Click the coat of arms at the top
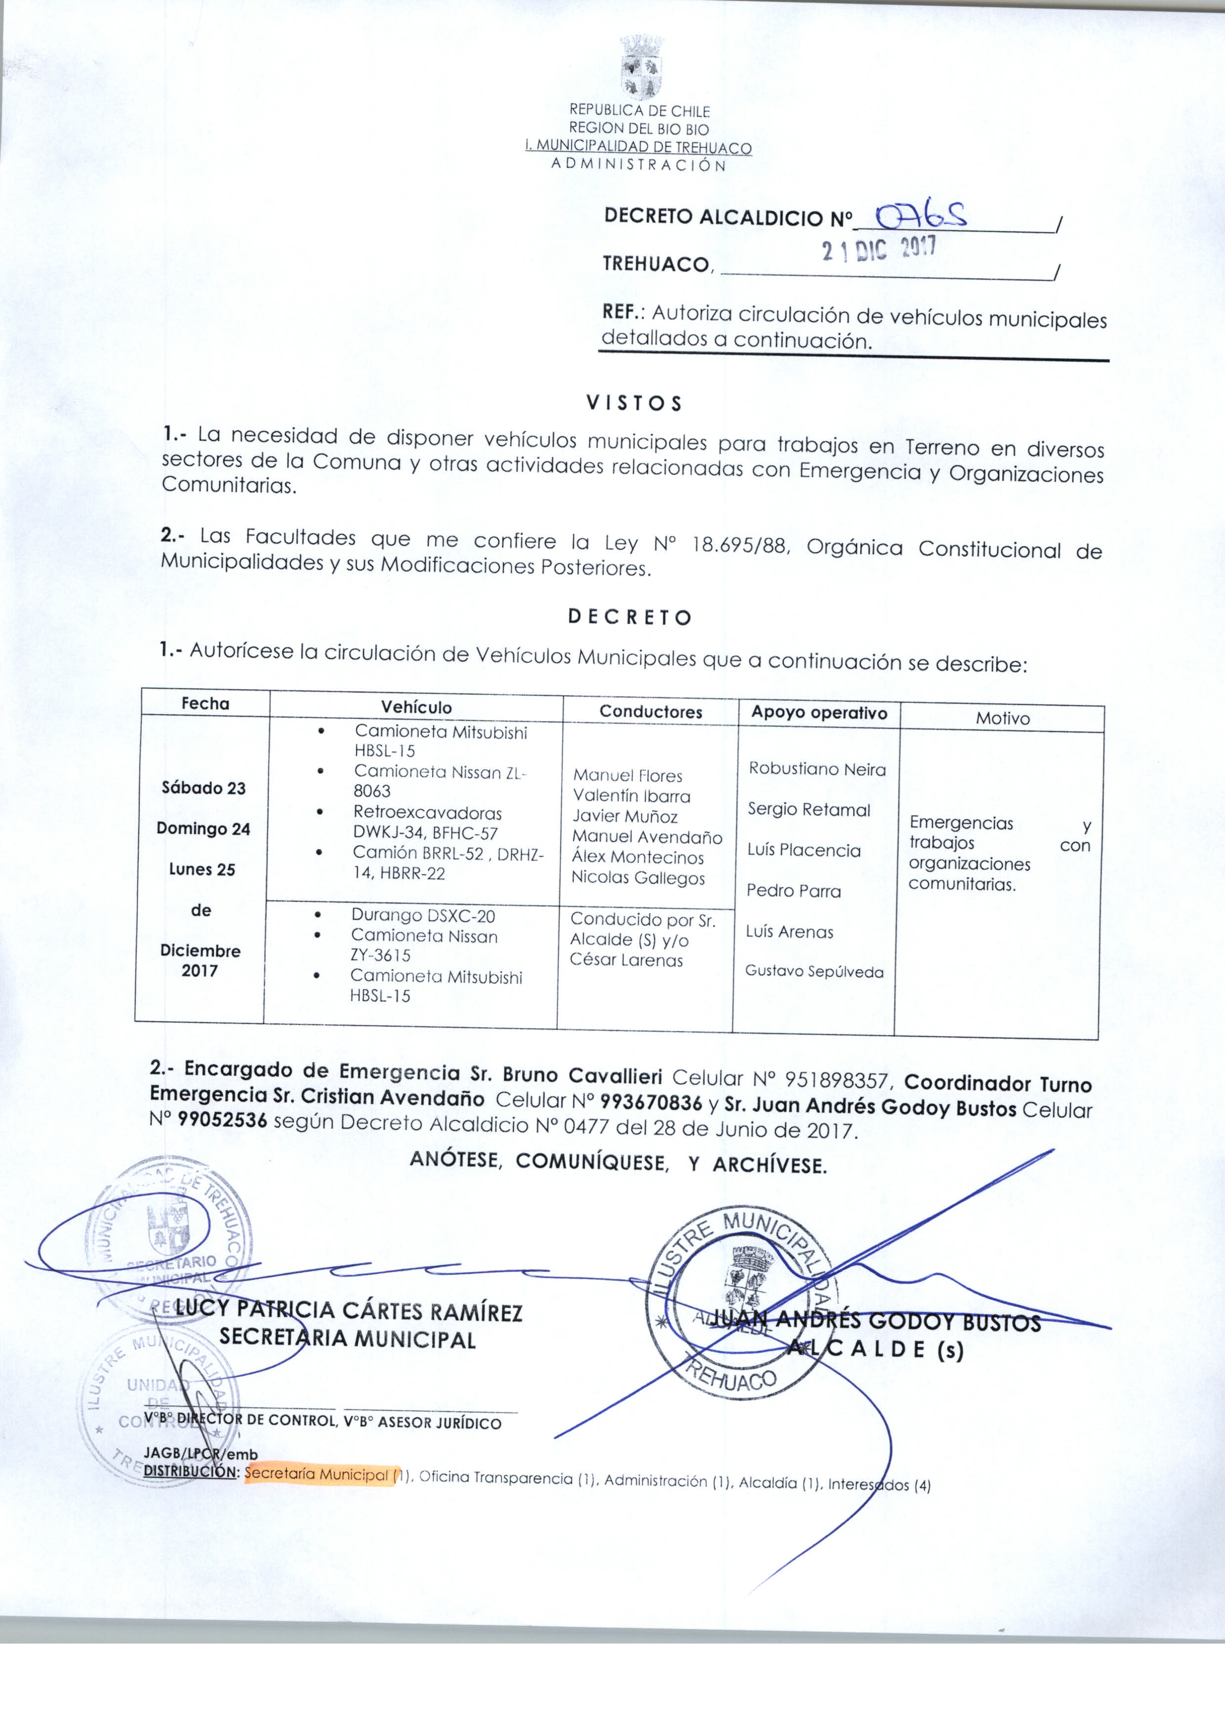641,68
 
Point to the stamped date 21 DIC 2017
879,249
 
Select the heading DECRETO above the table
630,618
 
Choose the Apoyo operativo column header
819,713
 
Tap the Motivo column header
1003,718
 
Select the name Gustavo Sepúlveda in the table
814,972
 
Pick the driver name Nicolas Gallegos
638,878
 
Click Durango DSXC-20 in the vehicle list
423,916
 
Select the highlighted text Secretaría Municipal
317,1474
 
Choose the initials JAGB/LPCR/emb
201,1453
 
